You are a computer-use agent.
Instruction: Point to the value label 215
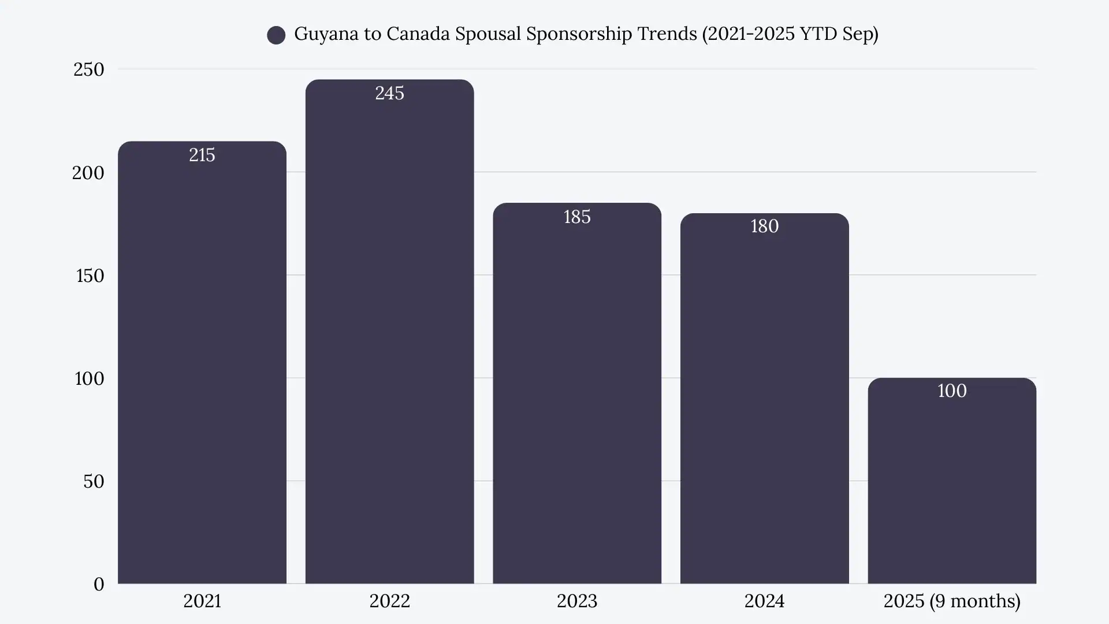click(202, 155)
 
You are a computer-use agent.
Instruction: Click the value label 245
click(389, 93)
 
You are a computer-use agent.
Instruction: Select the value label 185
click(576, 217)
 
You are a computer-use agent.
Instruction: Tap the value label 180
click(764, 226)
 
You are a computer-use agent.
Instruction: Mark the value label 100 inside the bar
click(952, 391)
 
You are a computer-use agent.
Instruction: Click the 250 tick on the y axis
click(88, 69)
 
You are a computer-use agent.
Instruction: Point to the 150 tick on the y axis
click(90, 276)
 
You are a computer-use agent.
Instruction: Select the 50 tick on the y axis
click(94, 481)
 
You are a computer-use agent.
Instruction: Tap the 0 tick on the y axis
click(99, 584)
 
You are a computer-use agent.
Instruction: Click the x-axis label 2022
click(389, 601)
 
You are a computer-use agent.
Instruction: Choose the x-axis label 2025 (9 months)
click(952, 601)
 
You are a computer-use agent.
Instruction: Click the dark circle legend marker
click(276, 35)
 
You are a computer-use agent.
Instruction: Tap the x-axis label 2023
click(576, 601)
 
